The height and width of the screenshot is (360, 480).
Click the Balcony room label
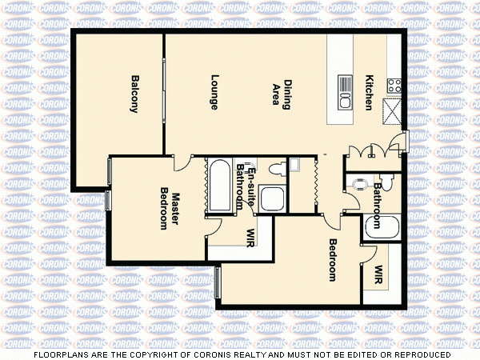[134, 94]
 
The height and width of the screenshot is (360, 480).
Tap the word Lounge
[214, 92]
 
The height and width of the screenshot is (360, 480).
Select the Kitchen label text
[370, 93]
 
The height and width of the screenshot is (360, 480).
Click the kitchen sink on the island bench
[346, 93]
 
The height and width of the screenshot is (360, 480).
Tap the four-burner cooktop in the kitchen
[394, 83]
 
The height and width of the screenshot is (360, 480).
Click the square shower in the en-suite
[271, 199]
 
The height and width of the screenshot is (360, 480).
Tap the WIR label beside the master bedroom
[250, 238]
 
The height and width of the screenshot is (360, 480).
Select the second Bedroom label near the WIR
[333, 259]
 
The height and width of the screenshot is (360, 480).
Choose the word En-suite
[251, 178]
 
